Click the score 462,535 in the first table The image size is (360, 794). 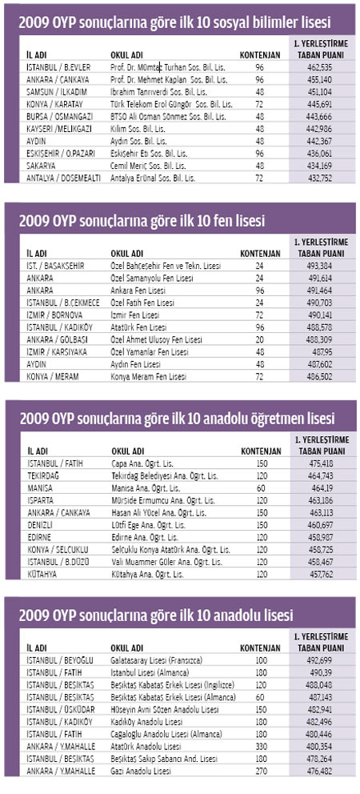[x=323, y=66]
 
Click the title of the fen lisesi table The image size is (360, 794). [x=142, y=221]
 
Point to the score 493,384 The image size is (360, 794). [x=323, y=266]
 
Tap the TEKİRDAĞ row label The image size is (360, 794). [x=42, y=476]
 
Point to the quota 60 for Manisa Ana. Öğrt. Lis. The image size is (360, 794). [x=261, y=488]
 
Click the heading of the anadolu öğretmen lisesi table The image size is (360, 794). [x=178, y=419]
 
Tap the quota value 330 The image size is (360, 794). [x=260, y=747]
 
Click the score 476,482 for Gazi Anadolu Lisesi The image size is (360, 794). [x=323, y=772]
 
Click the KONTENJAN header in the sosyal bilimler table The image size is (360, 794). [x=260, y=54]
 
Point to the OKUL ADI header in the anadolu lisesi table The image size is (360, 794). [x=126, y=648]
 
